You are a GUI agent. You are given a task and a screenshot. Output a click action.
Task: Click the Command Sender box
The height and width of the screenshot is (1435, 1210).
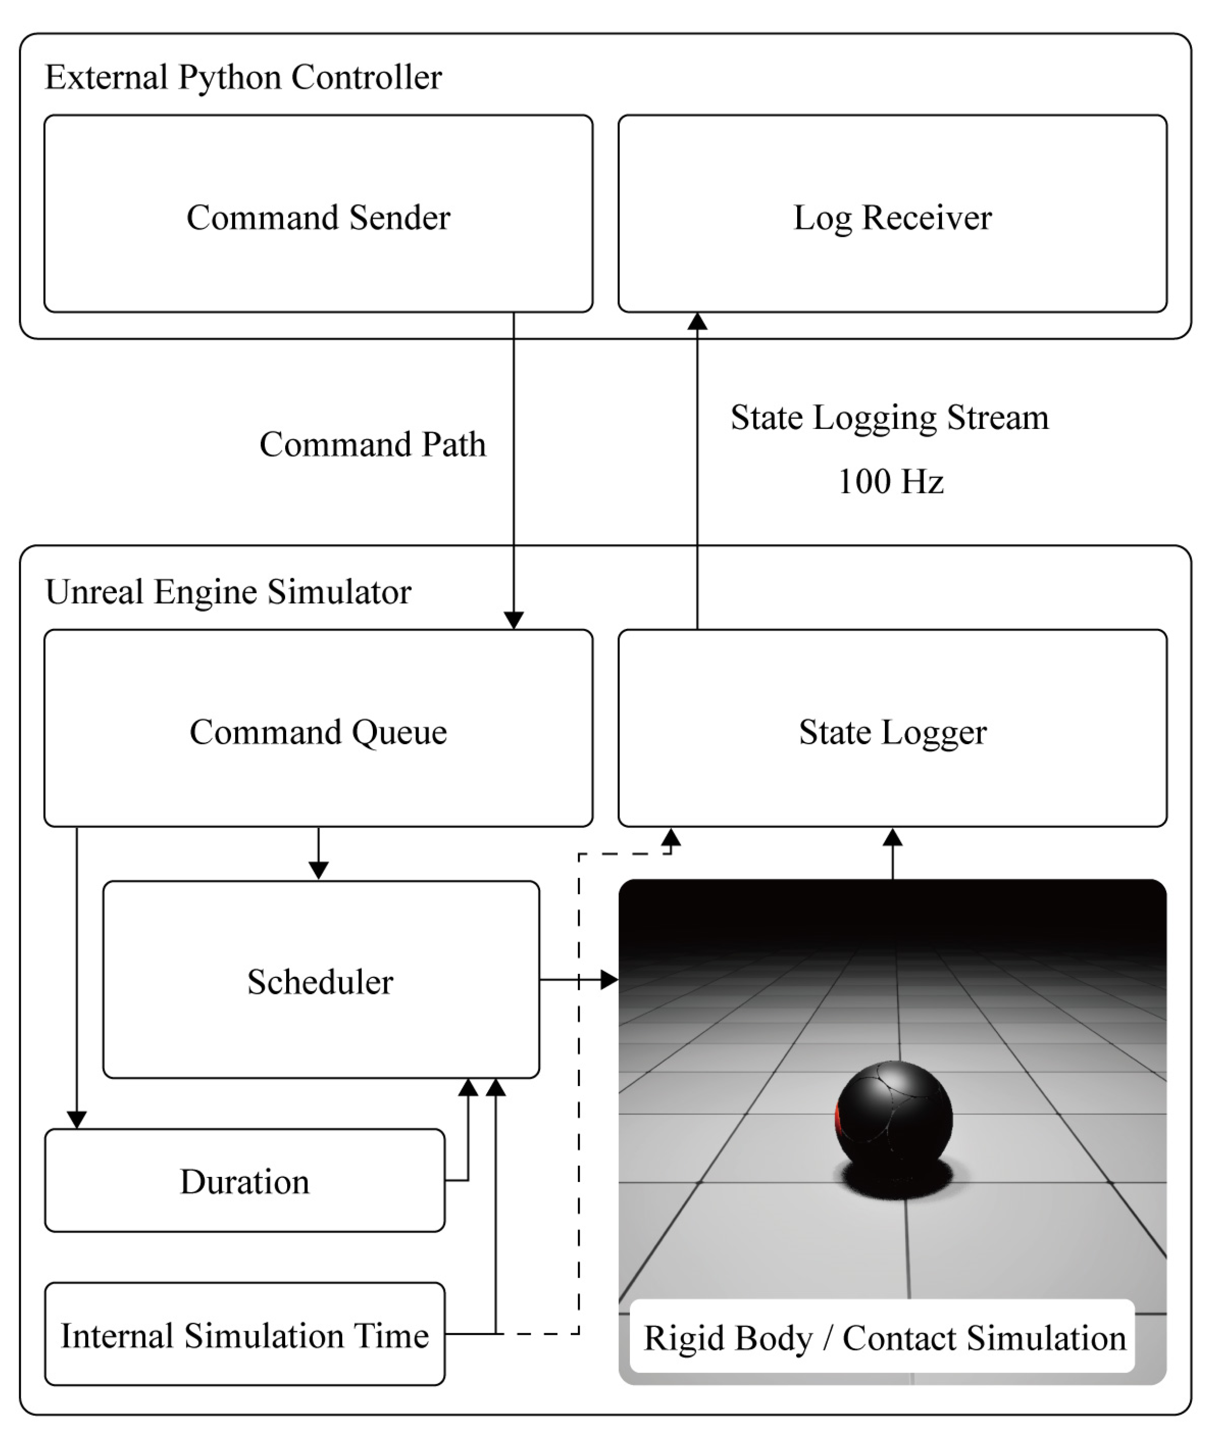318,214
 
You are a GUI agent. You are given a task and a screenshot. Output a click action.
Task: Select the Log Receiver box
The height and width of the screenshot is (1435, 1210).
892,214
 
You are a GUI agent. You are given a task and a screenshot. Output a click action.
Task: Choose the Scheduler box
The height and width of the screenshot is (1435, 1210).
321,980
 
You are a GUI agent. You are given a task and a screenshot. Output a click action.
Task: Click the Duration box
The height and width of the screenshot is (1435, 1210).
245,1181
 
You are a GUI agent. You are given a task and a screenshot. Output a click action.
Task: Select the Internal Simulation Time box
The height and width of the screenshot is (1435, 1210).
245,1334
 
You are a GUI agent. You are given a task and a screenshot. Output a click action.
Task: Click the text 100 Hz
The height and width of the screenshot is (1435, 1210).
891,481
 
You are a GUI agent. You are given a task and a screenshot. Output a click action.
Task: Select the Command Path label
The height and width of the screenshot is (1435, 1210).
372,444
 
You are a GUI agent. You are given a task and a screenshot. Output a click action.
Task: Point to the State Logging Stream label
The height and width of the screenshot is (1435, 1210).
890,418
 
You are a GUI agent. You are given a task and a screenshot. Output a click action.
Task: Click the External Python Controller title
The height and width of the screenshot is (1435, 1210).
244,77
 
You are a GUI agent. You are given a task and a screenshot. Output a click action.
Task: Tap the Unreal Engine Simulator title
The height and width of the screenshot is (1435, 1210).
228,591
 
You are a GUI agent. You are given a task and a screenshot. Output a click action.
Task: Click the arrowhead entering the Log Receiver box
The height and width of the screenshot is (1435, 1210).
697,321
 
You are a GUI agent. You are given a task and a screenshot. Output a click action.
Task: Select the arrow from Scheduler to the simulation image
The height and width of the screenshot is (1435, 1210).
579,980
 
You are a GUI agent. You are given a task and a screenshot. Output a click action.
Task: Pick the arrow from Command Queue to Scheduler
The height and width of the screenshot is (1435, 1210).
318,853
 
